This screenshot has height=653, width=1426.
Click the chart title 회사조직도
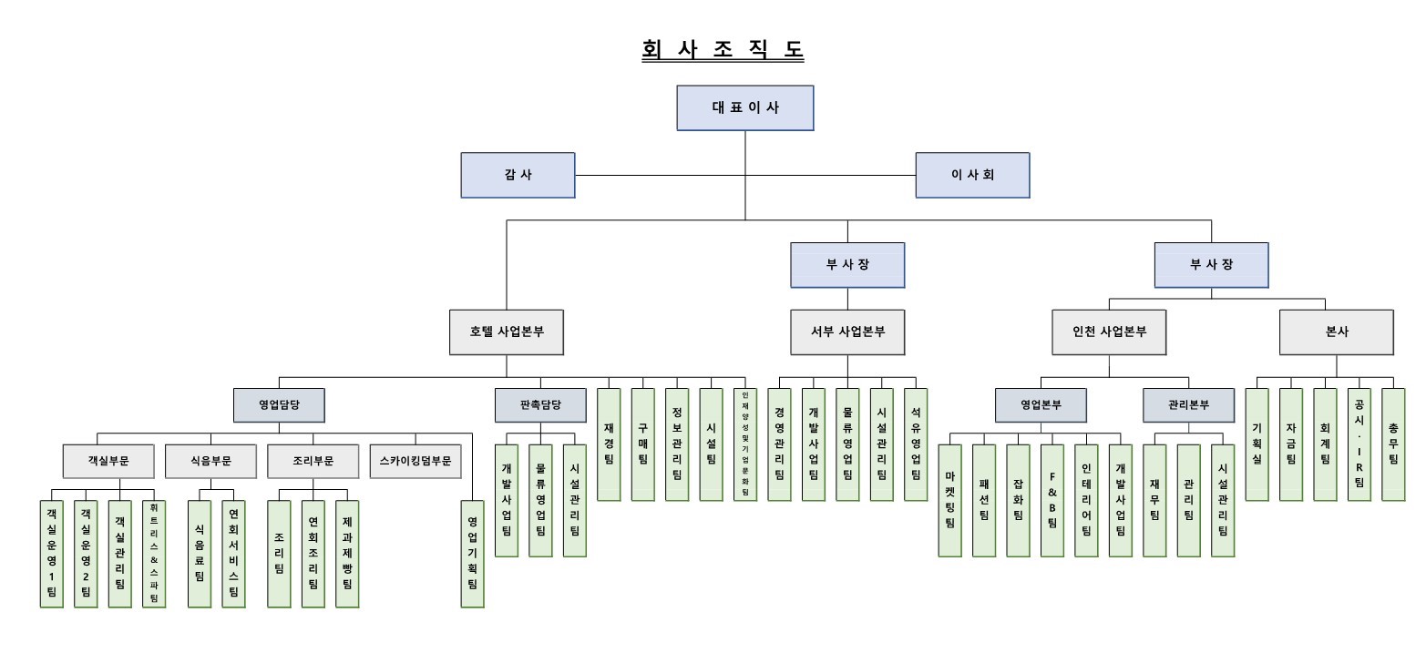(723, 50)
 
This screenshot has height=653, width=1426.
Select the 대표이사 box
(744, 107)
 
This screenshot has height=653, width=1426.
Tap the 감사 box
(518, 175)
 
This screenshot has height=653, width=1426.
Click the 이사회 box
(972, 175)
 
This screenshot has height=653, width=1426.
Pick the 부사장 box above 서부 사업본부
(847, 265)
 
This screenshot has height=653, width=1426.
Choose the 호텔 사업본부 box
(507, 332)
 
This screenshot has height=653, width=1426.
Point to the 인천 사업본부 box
(1109, 332)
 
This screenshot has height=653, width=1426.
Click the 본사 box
(1336, 332)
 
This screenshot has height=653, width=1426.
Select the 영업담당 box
(279, 404)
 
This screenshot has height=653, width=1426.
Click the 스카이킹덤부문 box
(415, 461)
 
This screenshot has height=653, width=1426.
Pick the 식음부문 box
(210, 461)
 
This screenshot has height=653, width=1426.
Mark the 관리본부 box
(1188, 404)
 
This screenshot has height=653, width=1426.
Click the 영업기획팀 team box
(472, 553)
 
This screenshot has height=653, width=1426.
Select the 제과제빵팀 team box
(347, 553)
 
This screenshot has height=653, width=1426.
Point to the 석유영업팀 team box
(916, 444)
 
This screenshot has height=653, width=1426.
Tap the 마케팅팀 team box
(949, 500)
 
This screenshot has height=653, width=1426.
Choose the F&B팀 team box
(1052, 500)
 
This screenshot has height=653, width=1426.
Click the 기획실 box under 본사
(1257, 444)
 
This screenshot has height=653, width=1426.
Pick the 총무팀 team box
(1393, 444)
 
